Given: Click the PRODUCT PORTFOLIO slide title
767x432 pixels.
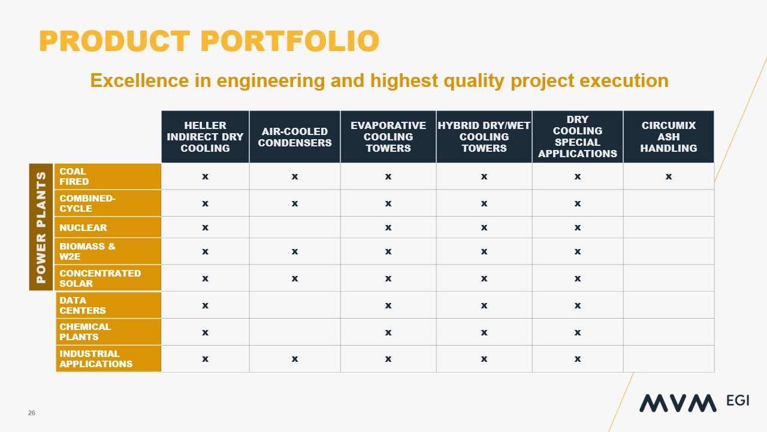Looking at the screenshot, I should click(x=209, y=41).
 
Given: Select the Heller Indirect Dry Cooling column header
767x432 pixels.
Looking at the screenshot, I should click(x=205, y=137).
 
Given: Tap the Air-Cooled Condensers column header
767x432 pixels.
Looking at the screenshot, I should click(x=294, y=137).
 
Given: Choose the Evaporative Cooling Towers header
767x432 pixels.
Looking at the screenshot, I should click(x=388, y=137).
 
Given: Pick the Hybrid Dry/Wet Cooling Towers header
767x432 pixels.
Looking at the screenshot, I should click(x=484, y=137).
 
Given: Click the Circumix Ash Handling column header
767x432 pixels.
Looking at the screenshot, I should click(x=668, y=137).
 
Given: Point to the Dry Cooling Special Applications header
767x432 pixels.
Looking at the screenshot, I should click(x=577, y=137).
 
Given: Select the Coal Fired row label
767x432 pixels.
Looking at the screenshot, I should click(x=74, y=176).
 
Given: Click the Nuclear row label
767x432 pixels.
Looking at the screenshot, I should click(x=83, y=227).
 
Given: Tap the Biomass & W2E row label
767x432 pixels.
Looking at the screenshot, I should click(x=87, y=251).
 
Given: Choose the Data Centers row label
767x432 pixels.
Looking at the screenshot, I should click(x=82, y=305).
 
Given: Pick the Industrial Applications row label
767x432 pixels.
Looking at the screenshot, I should click(x=96, y=359).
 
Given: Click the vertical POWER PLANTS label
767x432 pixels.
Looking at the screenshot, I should click(x=41, y=227).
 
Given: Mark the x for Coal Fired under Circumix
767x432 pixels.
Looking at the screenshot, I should click(x=668, y=176).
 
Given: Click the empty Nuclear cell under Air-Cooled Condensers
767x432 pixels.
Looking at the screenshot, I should click(x=294, y=227).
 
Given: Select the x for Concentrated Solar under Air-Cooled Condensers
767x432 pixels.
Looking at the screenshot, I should click(x=294, y=278).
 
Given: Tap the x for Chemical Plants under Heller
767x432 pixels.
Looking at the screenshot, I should click(x=205, y=332).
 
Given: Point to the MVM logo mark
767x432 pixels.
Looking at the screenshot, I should click(x=677, y=403).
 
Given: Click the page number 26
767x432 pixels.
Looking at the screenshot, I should click(x=31, y=413).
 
